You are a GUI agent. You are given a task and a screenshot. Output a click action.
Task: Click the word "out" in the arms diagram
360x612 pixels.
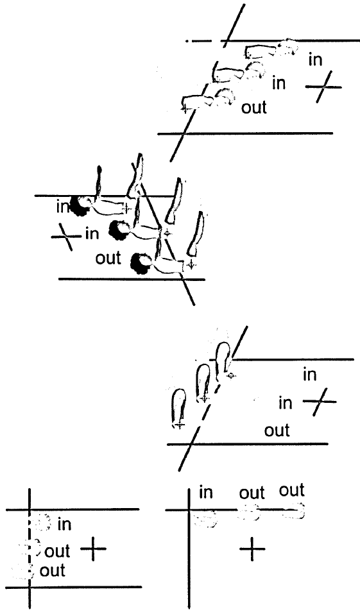(x=253, y=107)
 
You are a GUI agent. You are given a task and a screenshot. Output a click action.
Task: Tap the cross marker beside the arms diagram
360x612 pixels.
(x=323, y=87)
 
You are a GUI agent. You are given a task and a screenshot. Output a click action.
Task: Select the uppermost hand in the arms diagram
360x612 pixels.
(x=287, y=46)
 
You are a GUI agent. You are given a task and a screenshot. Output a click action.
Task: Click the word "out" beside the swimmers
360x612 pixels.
(x=108, y=258)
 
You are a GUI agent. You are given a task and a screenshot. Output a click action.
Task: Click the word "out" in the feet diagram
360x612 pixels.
(x=277, y=431)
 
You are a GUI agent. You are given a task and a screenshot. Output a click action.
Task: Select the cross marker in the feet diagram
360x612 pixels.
(x=320, y=402)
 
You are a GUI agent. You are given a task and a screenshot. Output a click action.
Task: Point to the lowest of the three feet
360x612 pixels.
(x=179, y=409)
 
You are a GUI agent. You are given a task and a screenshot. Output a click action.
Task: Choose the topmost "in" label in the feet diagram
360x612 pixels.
(x=310, y=375)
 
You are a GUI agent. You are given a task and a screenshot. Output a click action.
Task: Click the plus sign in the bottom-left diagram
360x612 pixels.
(x=93, y=548)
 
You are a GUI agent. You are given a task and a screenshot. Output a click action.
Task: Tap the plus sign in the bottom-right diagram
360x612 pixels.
(x=252, y=548)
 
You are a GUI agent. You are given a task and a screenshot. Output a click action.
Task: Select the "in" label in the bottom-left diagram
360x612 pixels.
(x=64, y=525)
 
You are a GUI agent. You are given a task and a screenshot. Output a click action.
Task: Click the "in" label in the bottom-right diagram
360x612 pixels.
(x=206, y=493)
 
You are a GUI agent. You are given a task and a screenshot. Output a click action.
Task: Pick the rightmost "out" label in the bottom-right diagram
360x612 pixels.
(x=292, y=490)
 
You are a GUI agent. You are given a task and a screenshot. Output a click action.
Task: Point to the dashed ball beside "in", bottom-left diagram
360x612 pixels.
(x=41, y=522)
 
